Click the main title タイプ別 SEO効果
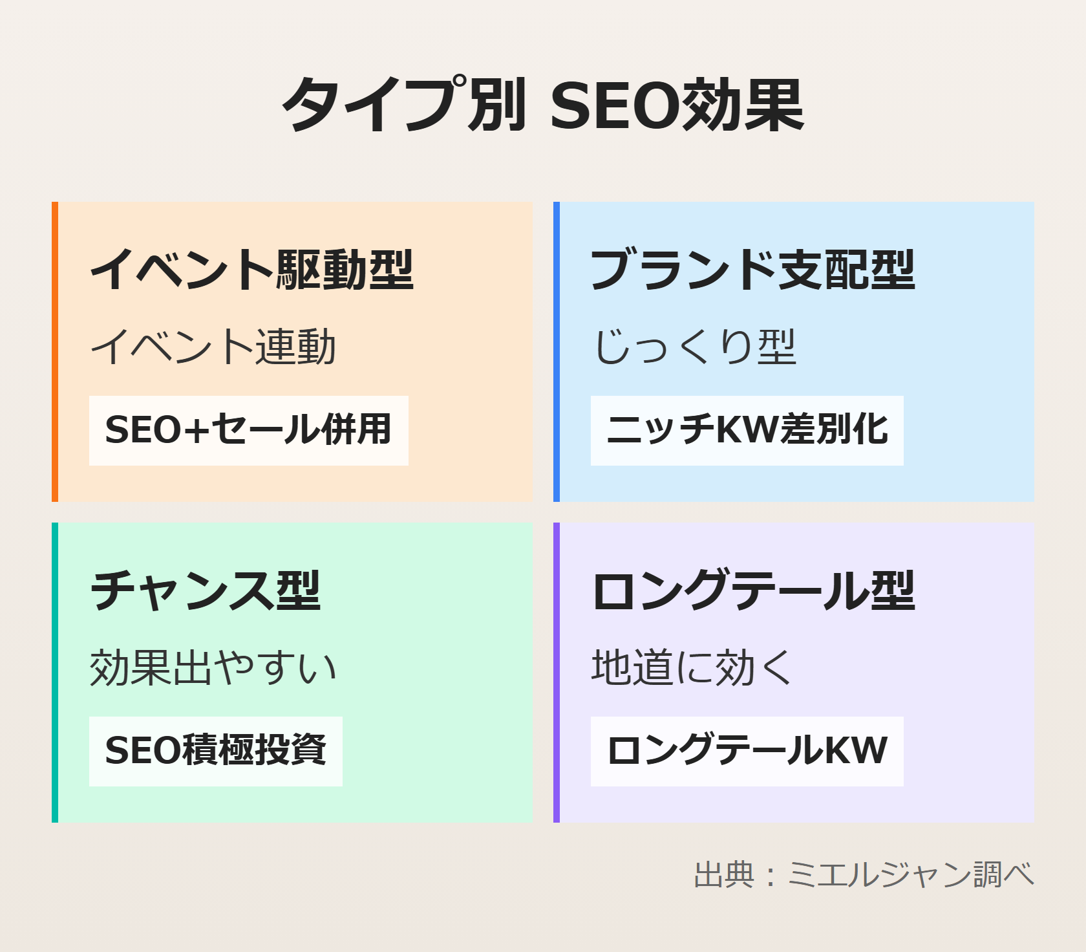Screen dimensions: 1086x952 click(543, 105)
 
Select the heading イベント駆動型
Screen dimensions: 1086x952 click(251, 269)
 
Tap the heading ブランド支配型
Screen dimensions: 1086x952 click(753, 269)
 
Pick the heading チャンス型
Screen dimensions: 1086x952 click(205, 590)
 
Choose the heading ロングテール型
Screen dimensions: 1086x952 click(753, 590)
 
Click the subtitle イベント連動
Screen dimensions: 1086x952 click(213, 347)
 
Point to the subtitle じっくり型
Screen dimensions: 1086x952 click(694, 347)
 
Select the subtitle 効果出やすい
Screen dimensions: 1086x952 click(213, 667)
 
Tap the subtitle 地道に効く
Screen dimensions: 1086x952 click(692, 667)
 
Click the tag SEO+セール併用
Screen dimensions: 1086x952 click(249, 430)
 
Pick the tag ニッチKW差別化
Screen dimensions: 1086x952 click(747, 430)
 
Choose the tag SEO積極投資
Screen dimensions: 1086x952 click(216, 751)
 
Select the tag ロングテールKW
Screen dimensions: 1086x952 click(747, 751)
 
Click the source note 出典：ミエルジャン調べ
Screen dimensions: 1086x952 click(864, 874)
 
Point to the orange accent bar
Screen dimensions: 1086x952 click(55, 352)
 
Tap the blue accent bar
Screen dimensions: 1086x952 click(557, 352)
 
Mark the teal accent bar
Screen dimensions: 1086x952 click(55, 673)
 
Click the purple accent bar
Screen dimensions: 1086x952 click(557, 673)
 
